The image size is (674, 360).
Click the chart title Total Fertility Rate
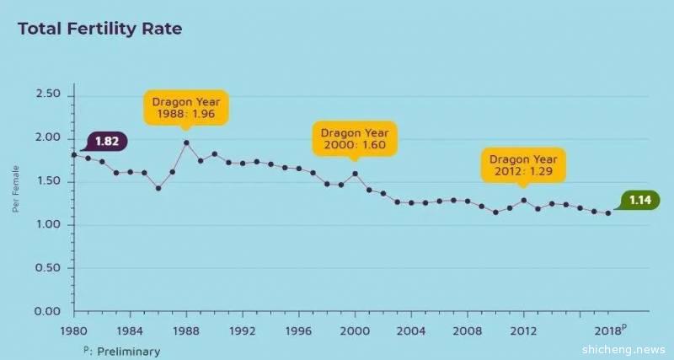point(99,29)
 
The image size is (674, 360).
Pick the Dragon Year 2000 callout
point(355,139)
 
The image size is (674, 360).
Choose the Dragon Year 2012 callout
point(523,164)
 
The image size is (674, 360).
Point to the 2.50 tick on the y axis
point(49,94)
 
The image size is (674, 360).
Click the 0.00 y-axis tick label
point(49,312)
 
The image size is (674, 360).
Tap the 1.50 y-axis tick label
point(49,181)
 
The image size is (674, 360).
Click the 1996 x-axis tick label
point(298,330)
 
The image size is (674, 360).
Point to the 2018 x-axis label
point(609,330)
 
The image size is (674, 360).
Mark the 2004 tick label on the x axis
point(411,330)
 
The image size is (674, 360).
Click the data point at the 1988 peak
point(186,142)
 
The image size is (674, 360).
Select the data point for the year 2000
point(355,174)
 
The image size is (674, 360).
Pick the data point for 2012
point(524,200)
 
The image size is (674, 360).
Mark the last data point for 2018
point(608,212)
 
